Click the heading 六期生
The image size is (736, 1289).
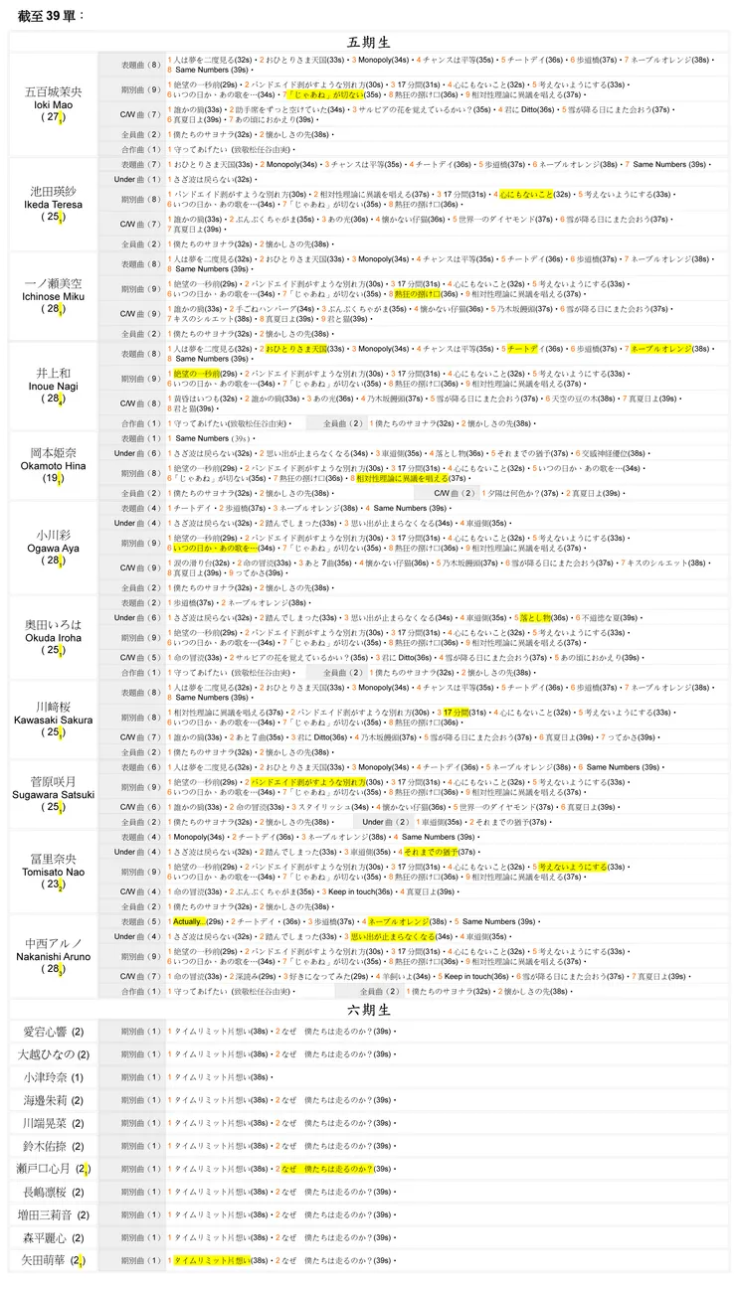coord(368,1010)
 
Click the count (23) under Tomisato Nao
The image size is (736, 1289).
coord(53,884)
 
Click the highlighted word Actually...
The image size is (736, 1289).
coord(188,921)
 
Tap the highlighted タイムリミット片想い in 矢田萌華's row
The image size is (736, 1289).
coord(212,1260)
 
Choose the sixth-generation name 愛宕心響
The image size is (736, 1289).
coord(46,1032)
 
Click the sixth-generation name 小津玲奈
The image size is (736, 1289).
coord(46,1077)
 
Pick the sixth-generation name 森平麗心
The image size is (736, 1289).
coord(46,1237)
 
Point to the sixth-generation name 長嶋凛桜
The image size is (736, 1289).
coord(46,1192)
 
